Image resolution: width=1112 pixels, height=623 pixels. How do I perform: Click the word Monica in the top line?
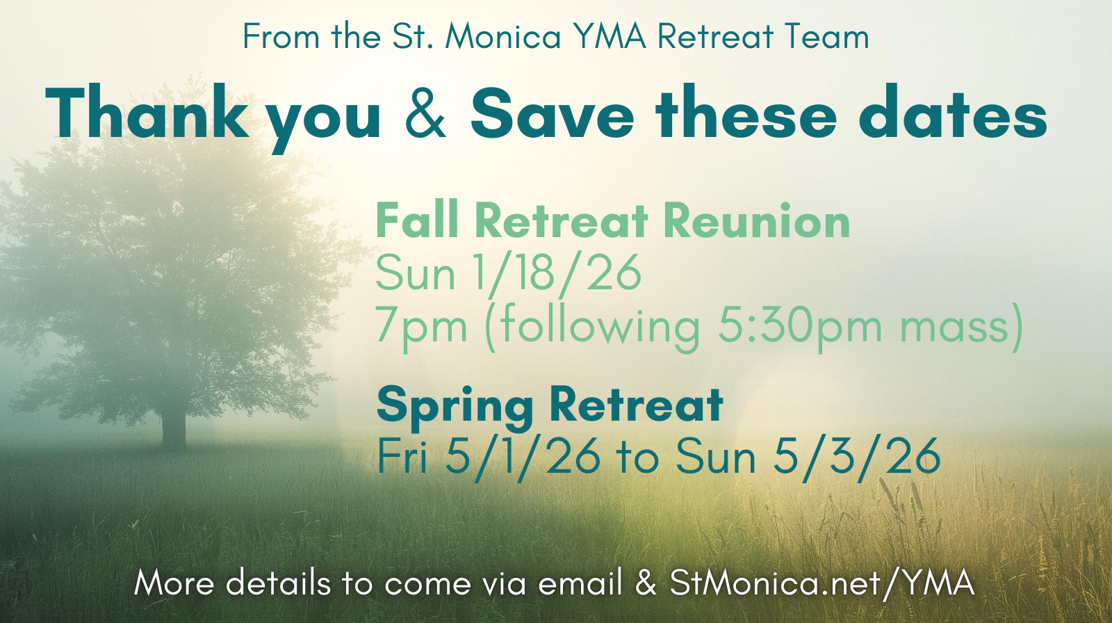[x=503, y=37]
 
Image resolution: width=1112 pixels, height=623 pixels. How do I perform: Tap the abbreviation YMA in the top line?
[x=610, y=37]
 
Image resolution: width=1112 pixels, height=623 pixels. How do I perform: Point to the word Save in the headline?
[x=552, y=113]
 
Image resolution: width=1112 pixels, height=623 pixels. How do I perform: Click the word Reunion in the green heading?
[x=757, y=222]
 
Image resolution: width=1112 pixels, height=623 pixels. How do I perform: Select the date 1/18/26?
[x=557, y=273]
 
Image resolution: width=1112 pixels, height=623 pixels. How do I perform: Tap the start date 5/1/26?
[x=522, y=457]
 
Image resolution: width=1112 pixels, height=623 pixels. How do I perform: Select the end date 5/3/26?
[x=856, y=457]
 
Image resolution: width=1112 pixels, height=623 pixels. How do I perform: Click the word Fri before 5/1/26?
[x=402, y=456]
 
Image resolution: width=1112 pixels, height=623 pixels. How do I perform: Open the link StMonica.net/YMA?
[x=821, y=583]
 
